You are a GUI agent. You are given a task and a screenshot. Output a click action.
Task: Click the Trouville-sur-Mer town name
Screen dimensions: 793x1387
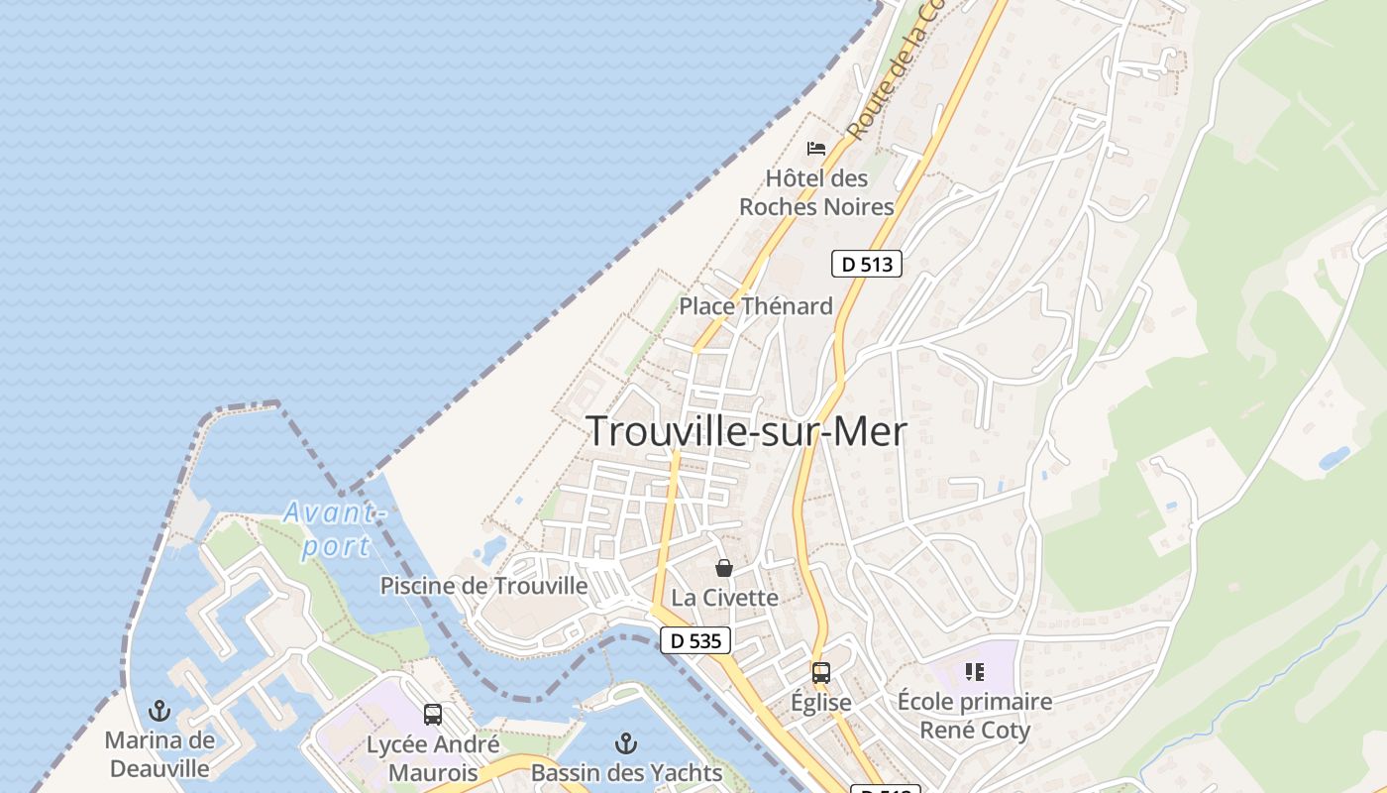pos(746,431)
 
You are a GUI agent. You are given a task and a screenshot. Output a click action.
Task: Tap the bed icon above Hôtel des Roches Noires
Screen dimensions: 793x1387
pos(816,149)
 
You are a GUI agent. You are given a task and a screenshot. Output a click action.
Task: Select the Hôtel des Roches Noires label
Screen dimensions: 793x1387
pos(816,192)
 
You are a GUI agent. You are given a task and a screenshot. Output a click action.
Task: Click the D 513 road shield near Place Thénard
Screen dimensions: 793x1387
pos(866,264)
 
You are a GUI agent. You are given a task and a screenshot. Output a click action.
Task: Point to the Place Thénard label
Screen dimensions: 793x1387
pos(755,306)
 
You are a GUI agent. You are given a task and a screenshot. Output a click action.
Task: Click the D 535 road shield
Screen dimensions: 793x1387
pos(695,640)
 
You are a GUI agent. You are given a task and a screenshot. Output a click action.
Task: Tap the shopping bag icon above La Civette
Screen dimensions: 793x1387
pos(724,568)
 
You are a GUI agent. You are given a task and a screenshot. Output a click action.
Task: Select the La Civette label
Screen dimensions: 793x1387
pos(724,598)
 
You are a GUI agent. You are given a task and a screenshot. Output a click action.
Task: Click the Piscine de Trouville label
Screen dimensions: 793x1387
pos(483,586)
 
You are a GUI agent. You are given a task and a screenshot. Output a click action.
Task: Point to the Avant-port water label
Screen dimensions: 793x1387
pos(335,529)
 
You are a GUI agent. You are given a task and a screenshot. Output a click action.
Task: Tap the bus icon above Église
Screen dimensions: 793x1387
pos(820,673)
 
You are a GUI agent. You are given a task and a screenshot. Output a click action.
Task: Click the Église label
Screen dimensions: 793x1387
pos(820,703)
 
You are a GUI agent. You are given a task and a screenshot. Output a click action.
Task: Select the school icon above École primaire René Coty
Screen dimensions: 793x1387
pos(974,673)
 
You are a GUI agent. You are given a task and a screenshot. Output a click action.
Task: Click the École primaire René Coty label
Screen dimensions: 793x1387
pos(974,716)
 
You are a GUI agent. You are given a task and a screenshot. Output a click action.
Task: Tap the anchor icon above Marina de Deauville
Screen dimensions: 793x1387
pos(160,711)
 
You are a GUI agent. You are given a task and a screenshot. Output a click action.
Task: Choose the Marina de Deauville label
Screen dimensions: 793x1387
pos(160,754)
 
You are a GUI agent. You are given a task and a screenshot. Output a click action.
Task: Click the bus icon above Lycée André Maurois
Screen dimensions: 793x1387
pos(432,715)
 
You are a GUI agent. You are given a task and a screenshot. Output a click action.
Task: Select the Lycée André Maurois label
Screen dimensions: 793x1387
pos(432,758)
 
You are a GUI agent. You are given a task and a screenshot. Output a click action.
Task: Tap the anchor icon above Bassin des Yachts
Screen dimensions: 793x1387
pos(625,742)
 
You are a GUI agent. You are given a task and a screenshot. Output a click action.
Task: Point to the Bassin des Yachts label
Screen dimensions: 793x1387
pos(626,772)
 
